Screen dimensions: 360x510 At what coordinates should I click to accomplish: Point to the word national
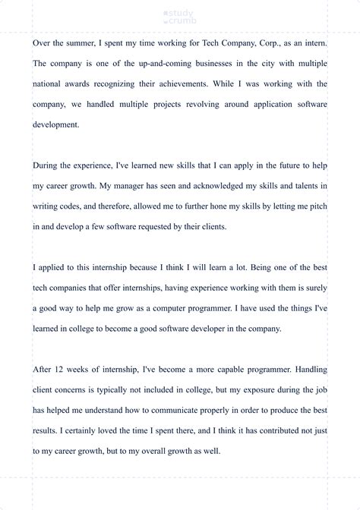[51, 83]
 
